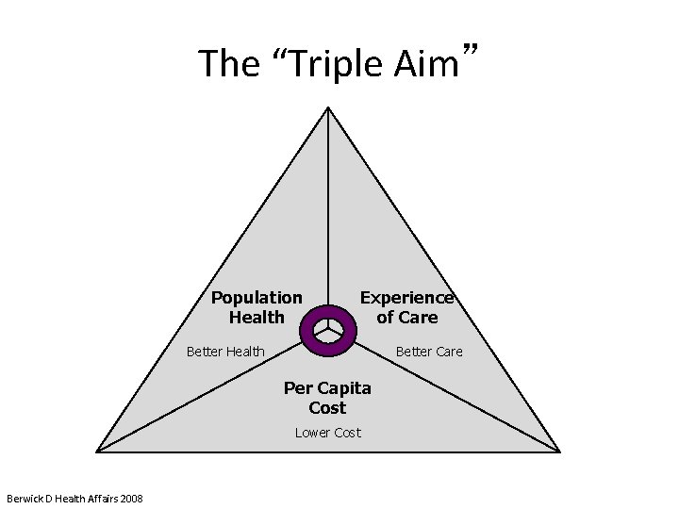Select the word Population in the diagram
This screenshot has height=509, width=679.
(257, 298)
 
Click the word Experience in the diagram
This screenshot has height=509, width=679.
(407, 298)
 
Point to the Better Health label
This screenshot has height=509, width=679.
(225, 352)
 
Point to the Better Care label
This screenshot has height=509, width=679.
(429, 352)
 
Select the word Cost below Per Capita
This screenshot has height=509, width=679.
(327, 408)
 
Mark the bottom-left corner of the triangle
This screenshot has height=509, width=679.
(101, 450)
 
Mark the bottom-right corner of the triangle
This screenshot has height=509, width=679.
(558, 450)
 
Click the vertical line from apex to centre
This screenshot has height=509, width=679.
(328, 207)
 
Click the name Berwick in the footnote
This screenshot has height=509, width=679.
(23, 498)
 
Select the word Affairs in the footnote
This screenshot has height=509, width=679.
(96, 498)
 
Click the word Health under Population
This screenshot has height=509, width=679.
(257, 317)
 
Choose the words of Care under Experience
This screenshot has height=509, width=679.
(407, 317)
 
